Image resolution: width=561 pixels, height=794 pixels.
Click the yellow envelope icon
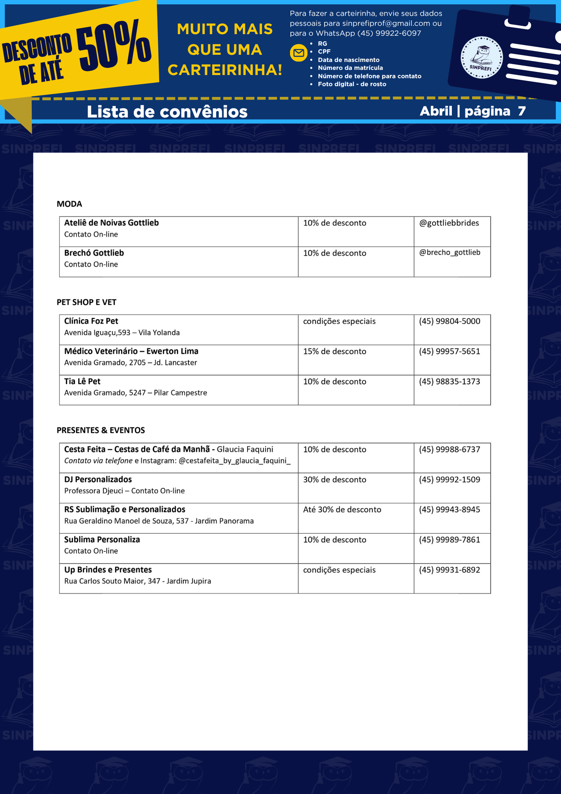point(299,53)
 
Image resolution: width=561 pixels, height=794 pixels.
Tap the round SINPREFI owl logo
point(481,58)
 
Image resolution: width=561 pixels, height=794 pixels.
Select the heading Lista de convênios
point(167,112)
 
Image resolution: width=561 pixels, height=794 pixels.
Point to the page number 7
point(521,111)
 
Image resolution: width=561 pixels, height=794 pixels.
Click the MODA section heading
point(69,204)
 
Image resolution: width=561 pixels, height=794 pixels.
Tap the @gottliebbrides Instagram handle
point(449,223)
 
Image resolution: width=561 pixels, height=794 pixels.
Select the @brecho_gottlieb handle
point(450,252)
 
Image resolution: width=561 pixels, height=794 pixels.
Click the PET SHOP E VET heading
point(86,302)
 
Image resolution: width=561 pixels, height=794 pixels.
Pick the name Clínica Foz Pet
point(91,321)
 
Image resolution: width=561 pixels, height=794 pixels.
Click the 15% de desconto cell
point(334,351)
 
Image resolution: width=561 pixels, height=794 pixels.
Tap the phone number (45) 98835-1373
point(450,382)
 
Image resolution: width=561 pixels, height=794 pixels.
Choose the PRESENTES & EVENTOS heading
point(101,430)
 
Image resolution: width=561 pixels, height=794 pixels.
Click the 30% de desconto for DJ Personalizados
point(334,480)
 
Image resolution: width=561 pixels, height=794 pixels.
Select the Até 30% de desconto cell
point(342,510)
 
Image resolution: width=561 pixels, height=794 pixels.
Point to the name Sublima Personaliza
point(102,540)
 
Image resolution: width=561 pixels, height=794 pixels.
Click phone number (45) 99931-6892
point(450,570)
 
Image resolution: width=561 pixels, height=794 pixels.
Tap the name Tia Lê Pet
point(82,382)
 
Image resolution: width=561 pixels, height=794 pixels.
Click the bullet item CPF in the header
point(324,52)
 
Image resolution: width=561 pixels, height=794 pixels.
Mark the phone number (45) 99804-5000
point(450,321)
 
